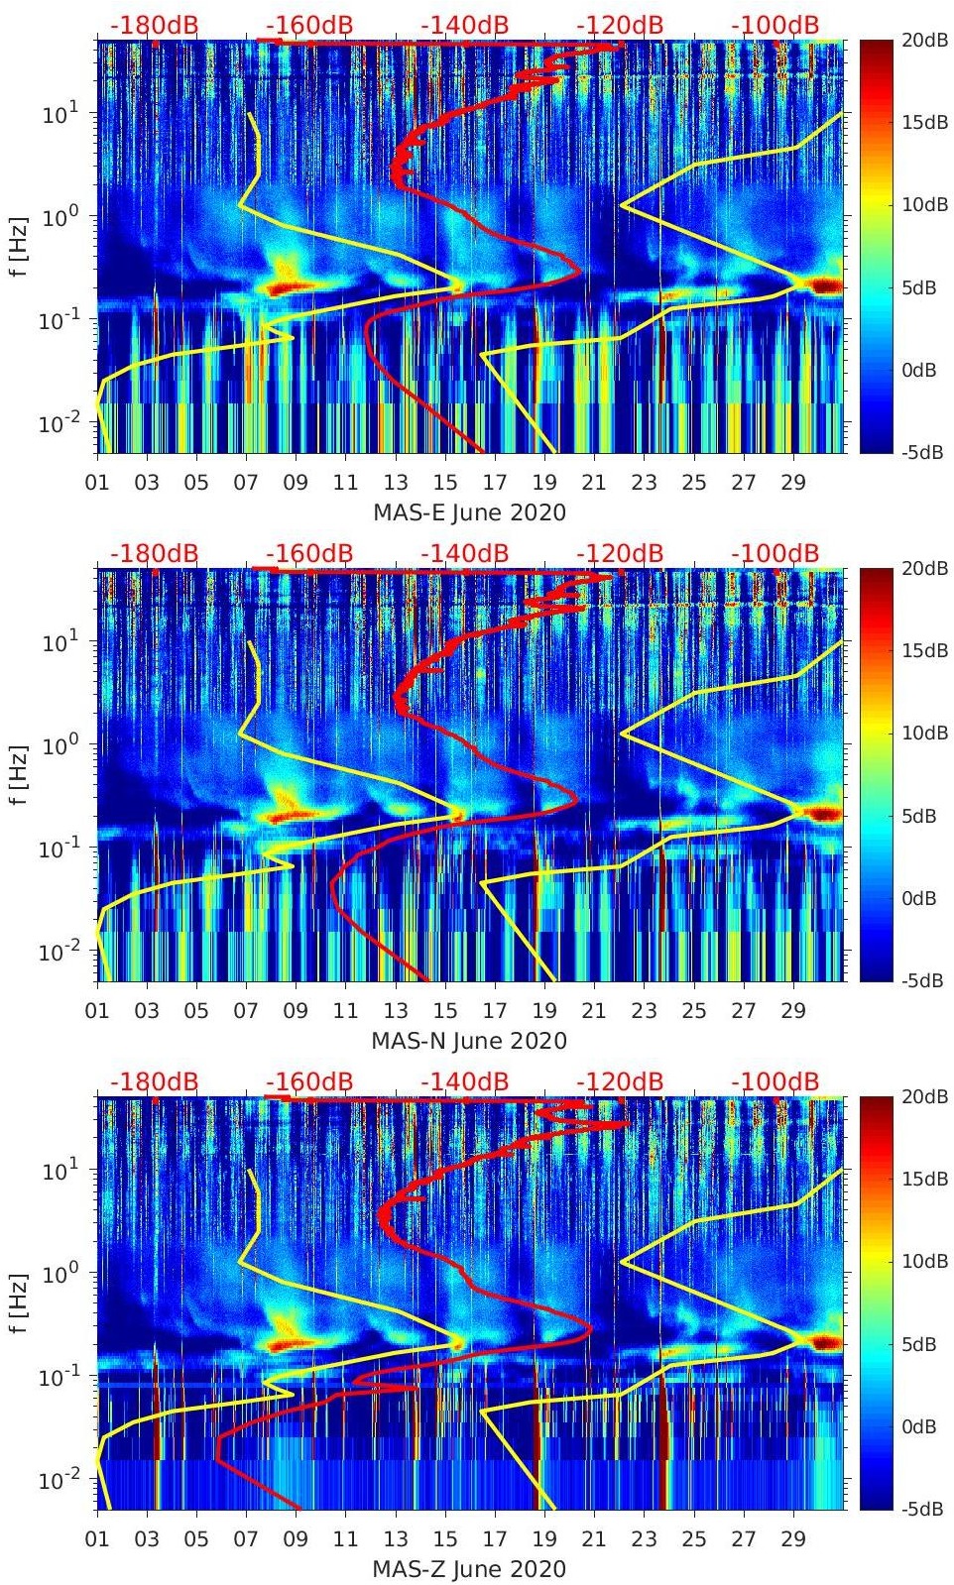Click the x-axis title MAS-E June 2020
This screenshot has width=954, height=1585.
click(x=469, y=513)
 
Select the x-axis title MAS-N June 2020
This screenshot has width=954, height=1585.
click(x=469, y=1042)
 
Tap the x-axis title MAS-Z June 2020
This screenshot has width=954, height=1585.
click(x=469, y=1569)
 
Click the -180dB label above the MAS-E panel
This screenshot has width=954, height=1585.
click(x=155, y=25)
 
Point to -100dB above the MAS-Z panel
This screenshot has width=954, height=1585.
click(x=775, y=1081)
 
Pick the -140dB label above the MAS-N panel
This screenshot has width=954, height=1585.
click(x=465, y=553)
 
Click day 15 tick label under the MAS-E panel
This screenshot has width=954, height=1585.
click(x=445, y=483)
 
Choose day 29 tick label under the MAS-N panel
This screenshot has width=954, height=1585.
click(x=793, y=1011)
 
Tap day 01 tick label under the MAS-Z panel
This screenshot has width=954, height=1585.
click(x=97, y=1538)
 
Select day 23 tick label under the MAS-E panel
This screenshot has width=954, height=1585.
click(x=644, y=483)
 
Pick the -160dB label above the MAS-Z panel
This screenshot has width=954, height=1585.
click(x=309, y=1081)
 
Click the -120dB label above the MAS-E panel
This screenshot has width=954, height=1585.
click(x=620, y=25)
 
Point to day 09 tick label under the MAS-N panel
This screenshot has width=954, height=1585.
click(x=296, y=1011)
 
